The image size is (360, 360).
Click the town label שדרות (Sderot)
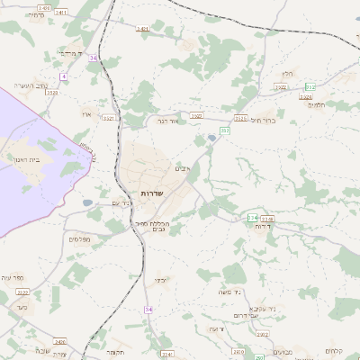coord(150,194)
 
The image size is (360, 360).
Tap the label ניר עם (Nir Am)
coord(123,203)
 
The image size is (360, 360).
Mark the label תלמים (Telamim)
coord(315,104)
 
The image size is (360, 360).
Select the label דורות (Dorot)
coord(264,227)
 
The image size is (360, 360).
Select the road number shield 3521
coord(110,117)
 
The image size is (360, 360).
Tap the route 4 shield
coord(64,76)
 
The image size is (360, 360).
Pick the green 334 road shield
coord(252,218)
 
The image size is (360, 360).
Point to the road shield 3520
coord(51,93)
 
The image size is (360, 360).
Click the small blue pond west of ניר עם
coord(87,203)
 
